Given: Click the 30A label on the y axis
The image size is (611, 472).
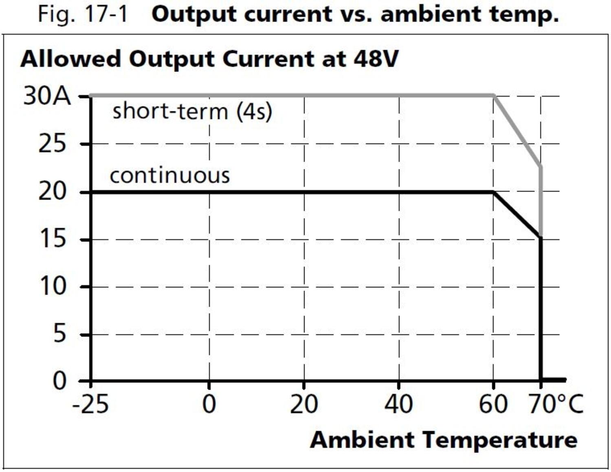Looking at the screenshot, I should tap(47, 97).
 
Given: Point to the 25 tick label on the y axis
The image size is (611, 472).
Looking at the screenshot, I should tap(52, 144).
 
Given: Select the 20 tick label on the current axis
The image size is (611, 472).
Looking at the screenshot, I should tap(52, 191).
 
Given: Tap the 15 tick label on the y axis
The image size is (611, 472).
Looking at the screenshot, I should tap(52, 239).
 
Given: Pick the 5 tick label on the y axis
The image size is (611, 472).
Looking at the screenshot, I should tap(59, 334).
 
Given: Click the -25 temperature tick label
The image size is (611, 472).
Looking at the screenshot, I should tap(90, 405).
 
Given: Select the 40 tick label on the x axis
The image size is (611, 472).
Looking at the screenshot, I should tap(398, 405).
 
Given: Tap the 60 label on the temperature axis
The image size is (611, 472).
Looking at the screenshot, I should tap(493, 405).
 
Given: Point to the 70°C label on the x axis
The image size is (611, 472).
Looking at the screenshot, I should tap(556, 405).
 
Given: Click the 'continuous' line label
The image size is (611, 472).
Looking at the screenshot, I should tap(170, 175).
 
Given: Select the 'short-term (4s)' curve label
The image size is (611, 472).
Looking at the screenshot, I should tap(192, 111).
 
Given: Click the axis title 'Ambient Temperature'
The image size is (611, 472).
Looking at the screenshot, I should tap(444, 440).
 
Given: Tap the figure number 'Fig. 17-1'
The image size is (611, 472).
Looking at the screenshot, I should tap(83, 14).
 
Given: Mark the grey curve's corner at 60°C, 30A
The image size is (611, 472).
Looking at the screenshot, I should tap(494, 95).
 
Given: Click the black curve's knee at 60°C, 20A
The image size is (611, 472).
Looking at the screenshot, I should tap(494, 192).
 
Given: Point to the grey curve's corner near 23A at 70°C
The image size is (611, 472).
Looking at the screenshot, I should tap(541, 166).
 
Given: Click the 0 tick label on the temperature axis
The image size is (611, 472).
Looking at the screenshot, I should tap(209, 405).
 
